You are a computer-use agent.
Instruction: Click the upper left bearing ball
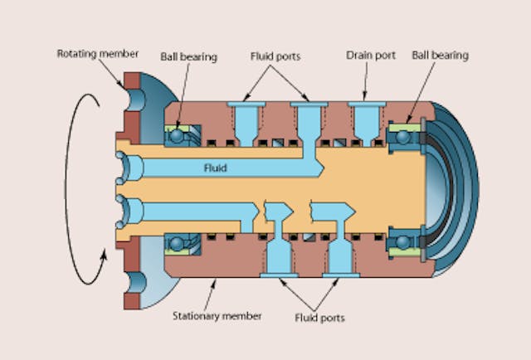tap(177, 134)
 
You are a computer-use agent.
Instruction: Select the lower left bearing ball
tap(177, 243)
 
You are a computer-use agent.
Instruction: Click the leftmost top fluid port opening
tap(246, 105)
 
